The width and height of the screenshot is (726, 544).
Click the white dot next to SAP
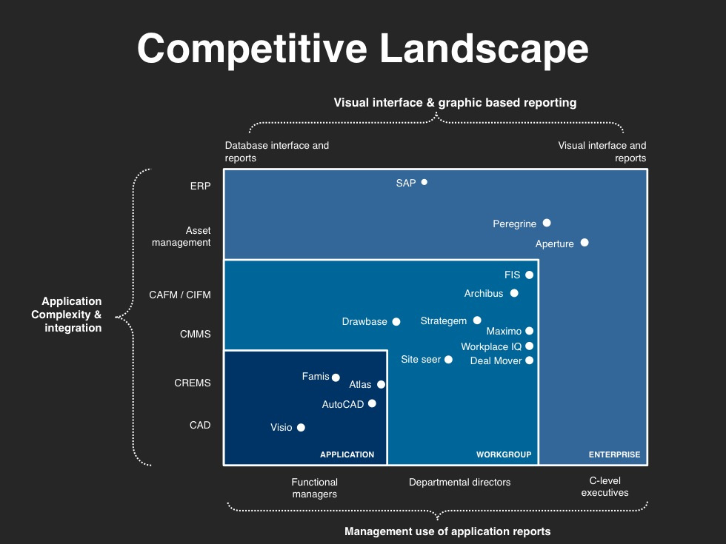pyautogui.click(x=424, y=182)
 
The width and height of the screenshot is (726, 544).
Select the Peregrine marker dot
pyautogui.click(x=547, y=223)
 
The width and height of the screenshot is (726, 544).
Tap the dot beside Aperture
pyautogui.click(x=585, y=243)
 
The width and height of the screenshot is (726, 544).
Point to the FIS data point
pyautogui.click(x=529, y=275)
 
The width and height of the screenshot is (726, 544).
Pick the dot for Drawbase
pyautogui.click(x=396, y=321)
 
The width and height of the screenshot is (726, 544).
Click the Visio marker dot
pyautogui.click(x=301, y=428)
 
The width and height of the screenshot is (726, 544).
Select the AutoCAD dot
pyautogui.click(x=372, y=403)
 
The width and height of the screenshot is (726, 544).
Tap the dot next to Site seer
pyautogui.click(x=448, y=360)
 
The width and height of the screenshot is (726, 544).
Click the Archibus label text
pyautogui.click(x=483, y=293)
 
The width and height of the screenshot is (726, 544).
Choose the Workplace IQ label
pyautogui.click(x=491, y=346)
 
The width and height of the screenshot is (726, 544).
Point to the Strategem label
pyautogui.click(x=444, y=321)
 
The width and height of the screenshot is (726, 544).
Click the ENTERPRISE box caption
pyautogui.click(x=614, y=454)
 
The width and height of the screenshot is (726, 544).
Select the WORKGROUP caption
pyautogui.click(x=504, y=454)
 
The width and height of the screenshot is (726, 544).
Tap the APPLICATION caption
pyautogui.click(x=347, y=454)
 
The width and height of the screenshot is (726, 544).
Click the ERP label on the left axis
pyautogui.click(x=201, y=186)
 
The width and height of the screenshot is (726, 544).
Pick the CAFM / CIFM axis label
pyautogui.click(x=179, y=295)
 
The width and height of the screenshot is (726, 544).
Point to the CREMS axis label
pyautogui.click(x=193, y=383)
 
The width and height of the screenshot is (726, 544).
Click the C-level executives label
pyautogui.click(x=605, y=487)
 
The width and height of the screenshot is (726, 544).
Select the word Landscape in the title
pyautogui.click(x=484, y=49)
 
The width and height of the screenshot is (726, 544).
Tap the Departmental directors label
pyautogui.click(x=460, y=482)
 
